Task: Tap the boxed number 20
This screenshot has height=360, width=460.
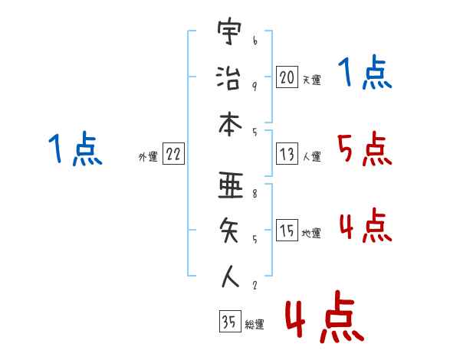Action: click(x=287, y=77)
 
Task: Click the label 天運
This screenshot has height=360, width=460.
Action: click(x=311, y=79)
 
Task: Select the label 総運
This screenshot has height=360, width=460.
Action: click(x=254, y=324)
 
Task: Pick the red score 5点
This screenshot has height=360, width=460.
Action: click(x=364, y=149)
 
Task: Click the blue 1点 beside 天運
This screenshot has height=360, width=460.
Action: click(x=364, y=74)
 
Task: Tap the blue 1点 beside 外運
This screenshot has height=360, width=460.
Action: click(x=74, y=149)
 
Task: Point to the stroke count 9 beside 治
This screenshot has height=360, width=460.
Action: click(x=254, y=86)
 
